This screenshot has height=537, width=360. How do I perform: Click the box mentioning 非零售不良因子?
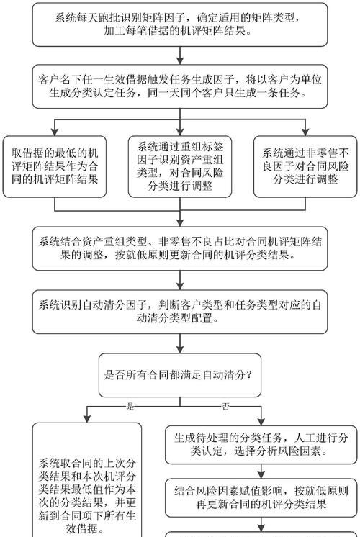pyautogui.click(x=305, y=167)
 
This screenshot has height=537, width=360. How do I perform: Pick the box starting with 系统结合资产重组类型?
pyautogui.click(x=179, y=247)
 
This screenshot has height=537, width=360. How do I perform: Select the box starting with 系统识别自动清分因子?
pyautogui.click(x=179, y=312)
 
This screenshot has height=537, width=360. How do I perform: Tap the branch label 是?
pyautogui.click(x=130, y=407)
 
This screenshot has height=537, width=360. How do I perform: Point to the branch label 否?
pyautogui.click(x=226, y=407)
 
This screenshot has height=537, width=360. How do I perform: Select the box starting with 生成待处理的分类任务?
pyautogui.click(x=261, y=445)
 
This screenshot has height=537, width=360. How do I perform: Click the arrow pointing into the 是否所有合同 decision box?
pyautogui.click(x=179, y=346)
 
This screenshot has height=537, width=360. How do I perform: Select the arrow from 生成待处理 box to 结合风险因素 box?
pyautogui.click(x=261, y=471)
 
